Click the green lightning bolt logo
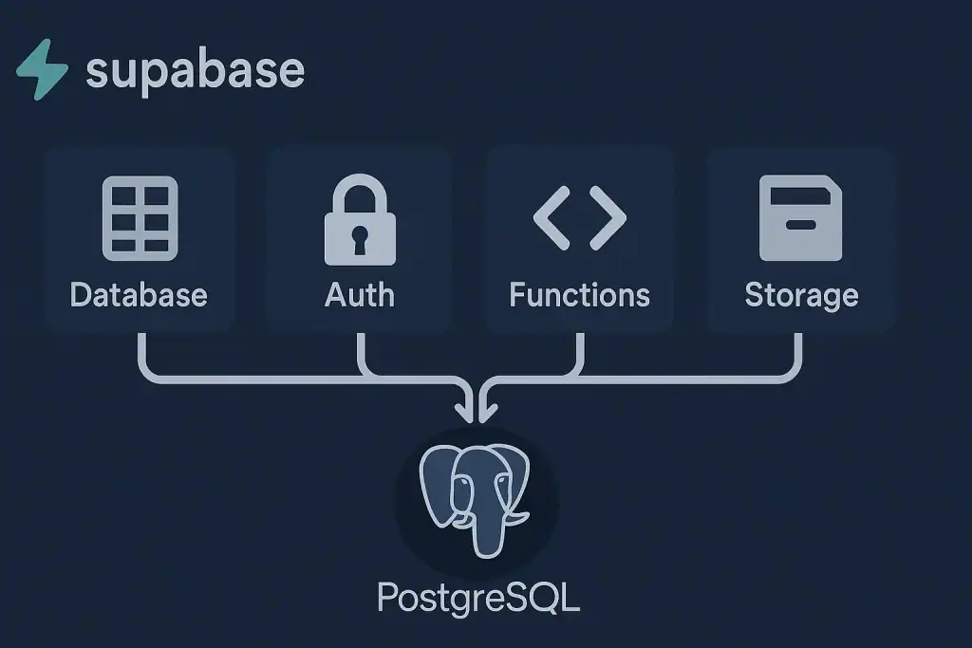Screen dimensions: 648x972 pos(42,70)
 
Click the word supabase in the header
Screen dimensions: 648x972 pos(195,70)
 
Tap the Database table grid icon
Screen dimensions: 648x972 pos(140,218)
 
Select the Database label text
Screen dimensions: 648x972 pos(139,294)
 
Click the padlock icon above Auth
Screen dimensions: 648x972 pos(359,223)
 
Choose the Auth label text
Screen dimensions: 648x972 pos(359,294)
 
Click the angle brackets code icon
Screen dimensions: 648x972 pos(579,217)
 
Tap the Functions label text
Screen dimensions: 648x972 pos(579,294)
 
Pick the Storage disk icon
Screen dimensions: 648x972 pos(800,218)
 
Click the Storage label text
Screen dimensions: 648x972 pos(800,294)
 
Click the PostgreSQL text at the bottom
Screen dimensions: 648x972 pos(477,598)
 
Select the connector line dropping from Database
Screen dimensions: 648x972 pos(140,356)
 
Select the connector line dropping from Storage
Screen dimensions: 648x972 pos(798,356)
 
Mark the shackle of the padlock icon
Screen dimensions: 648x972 pos(359,194)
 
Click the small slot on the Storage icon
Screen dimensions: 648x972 pos(800,226)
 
